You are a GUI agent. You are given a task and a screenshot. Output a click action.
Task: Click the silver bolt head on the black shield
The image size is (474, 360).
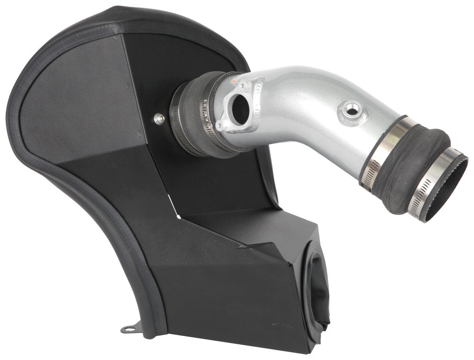click(159, 119)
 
